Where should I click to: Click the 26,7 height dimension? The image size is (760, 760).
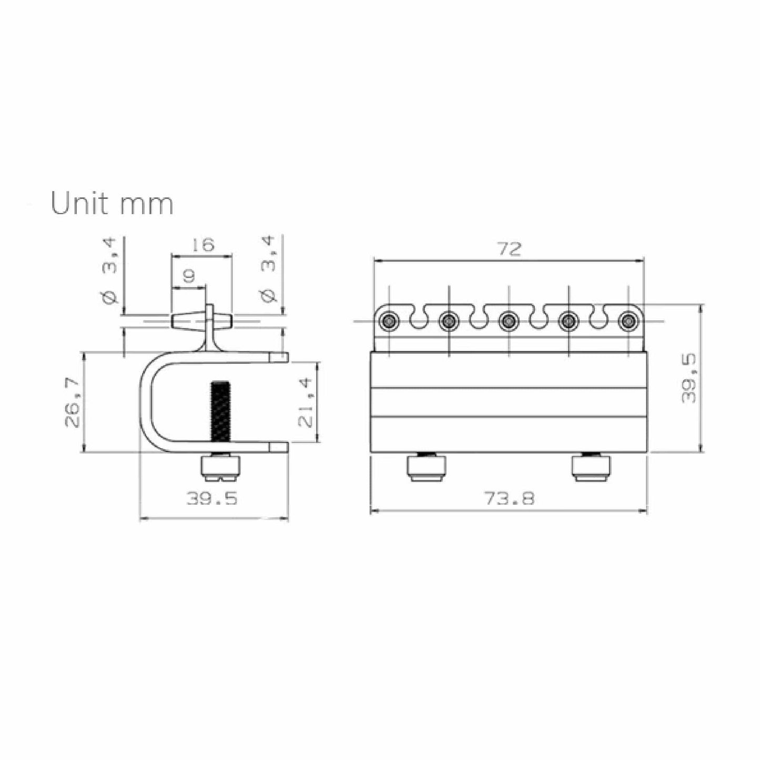coord(73,402)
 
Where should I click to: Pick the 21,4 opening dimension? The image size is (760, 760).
coord(306,402)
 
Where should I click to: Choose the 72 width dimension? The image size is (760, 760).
coord(509,249)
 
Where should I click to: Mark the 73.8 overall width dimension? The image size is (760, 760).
coord(509,498)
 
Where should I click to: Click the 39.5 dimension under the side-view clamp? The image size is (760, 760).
coord(212,498)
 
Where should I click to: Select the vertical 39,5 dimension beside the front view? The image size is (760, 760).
coord(688,378)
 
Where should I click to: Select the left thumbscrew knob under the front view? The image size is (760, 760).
coord(426,468)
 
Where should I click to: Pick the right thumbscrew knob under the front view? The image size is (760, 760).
coord(592,468)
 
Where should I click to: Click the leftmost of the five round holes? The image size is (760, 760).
coord(389,320)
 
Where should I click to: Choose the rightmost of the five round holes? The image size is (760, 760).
coord(627,320)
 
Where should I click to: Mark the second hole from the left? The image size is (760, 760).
coord(449,320)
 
